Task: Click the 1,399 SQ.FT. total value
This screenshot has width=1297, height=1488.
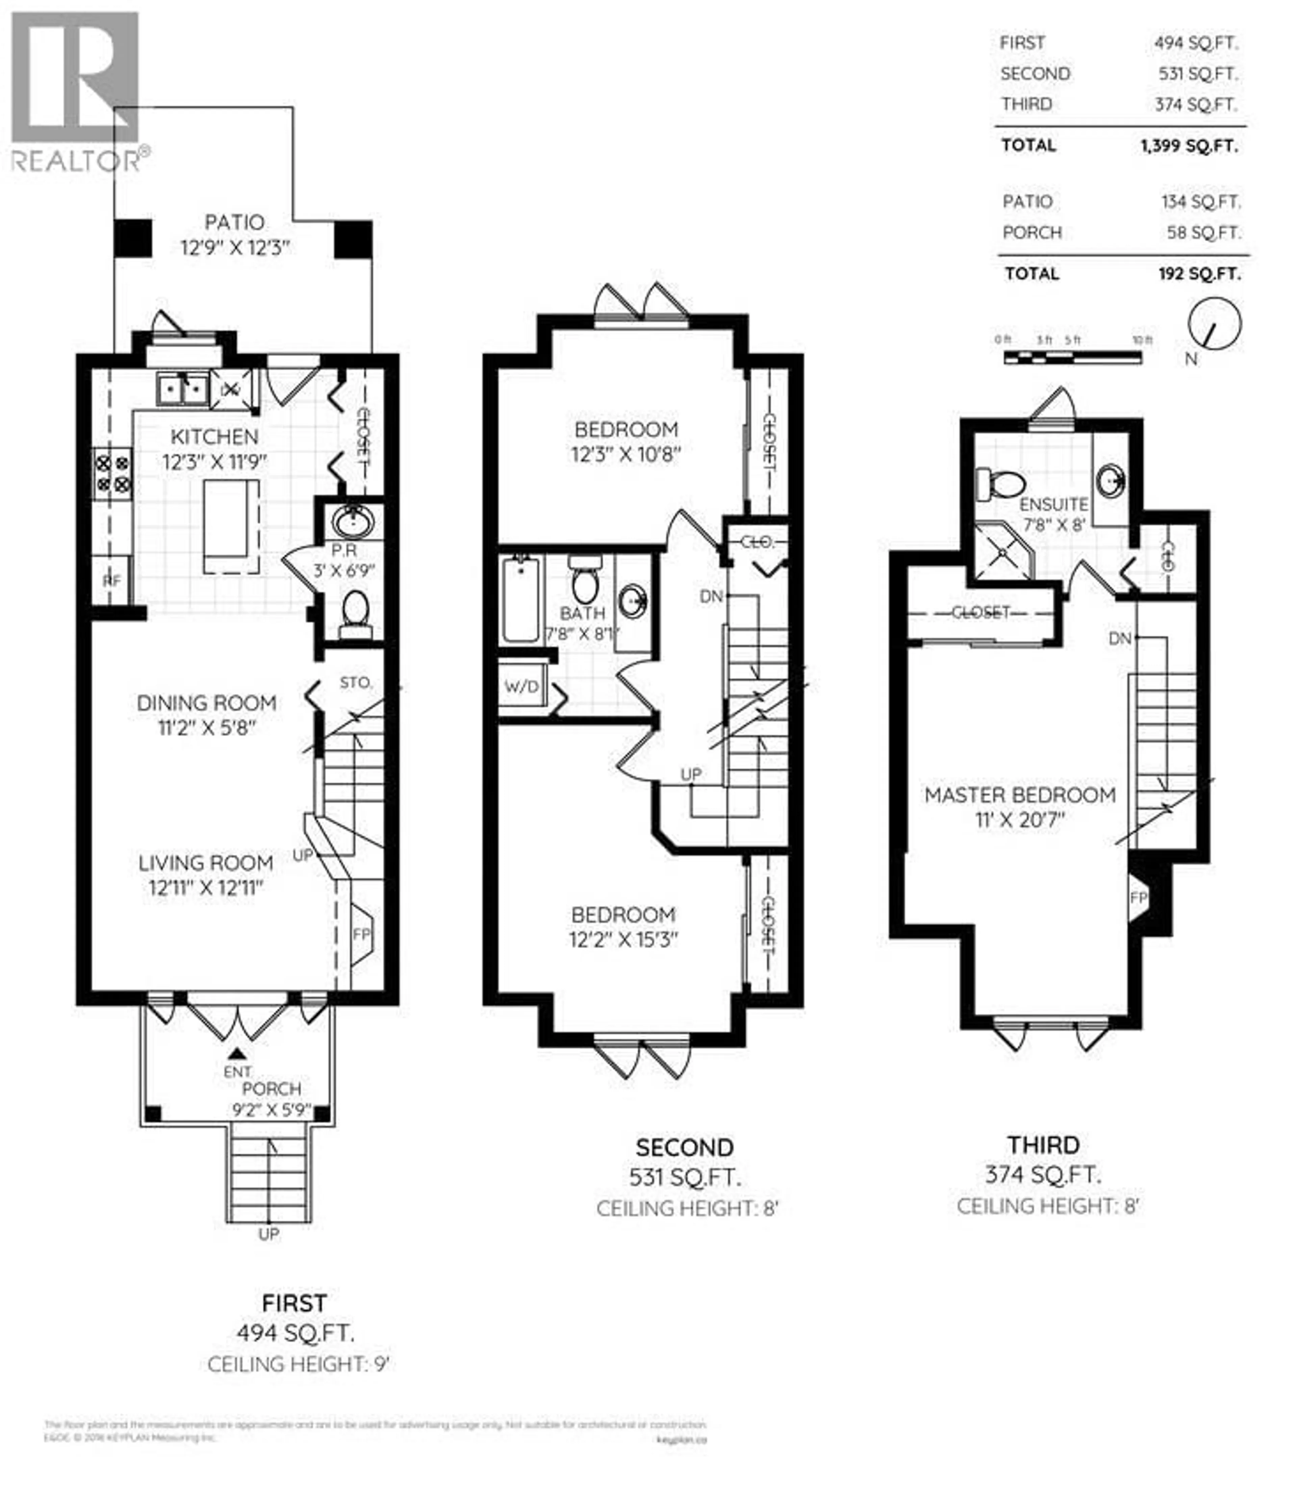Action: point(1189,146)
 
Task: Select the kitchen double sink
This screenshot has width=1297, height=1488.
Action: point(183,389)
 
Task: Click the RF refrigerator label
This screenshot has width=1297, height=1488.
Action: point(111,580)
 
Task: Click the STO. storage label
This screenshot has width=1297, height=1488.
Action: point(355,682)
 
